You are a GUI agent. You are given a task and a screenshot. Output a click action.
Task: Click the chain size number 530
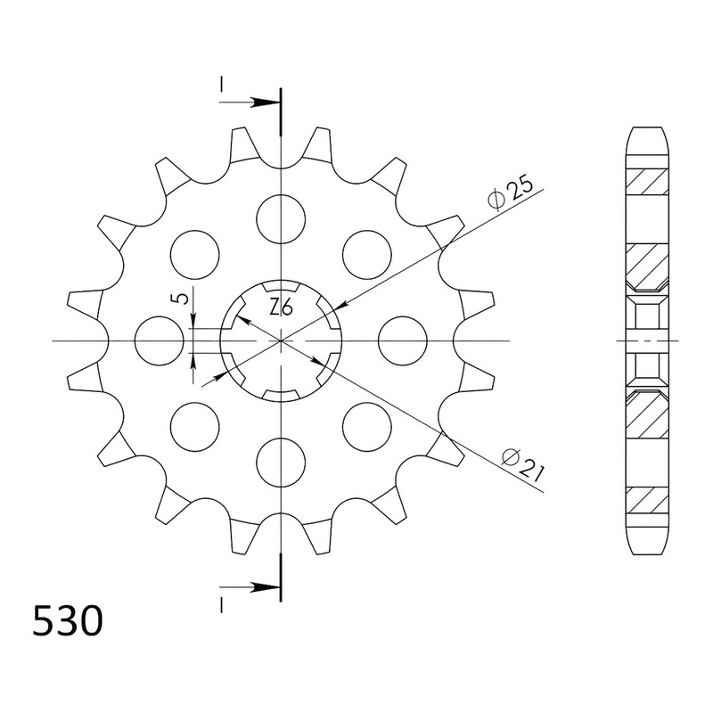[x=68, y=621]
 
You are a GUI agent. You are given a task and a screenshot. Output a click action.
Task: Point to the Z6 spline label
[x=281, y=308]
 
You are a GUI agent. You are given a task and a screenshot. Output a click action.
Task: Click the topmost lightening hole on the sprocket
[x=281, y=218]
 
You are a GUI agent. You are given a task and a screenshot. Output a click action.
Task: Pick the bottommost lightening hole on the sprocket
[x=281, y=463]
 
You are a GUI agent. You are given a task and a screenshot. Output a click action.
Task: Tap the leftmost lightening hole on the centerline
[x=160, y=340]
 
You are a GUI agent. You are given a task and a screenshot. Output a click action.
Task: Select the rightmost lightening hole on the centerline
[x=403, y=340]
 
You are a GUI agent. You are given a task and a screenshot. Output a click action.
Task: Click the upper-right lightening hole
[x=367, y=255]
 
